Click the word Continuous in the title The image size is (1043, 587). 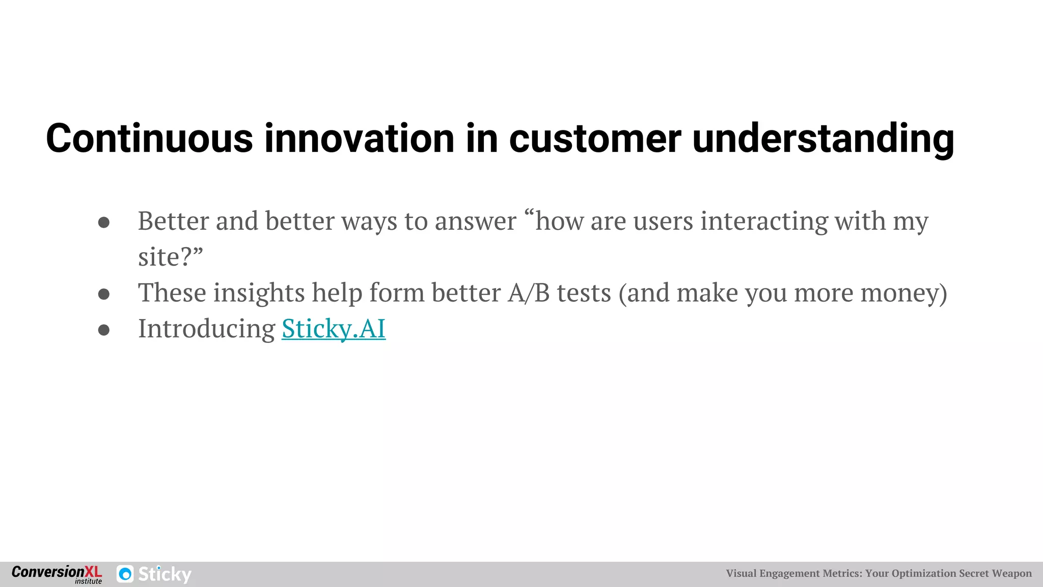(149, 139)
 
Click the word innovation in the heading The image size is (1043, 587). (359, 139)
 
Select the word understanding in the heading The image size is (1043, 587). (823, 139)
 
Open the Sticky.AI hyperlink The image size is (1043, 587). (334, 329)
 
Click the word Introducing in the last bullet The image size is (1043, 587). (207, 329)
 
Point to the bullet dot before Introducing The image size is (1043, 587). (104, 330)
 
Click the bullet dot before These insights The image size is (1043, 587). (104, 294)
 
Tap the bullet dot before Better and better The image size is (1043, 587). (104, 223)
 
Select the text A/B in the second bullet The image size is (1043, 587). (528, 293)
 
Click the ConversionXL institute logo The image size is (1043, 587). (57, 574)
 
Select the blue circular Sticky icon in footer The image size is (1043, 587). (125, 574)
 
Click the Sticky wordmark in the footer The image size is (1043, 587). (164, 574)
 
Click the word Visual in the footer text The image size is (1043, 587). (741, 573)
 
